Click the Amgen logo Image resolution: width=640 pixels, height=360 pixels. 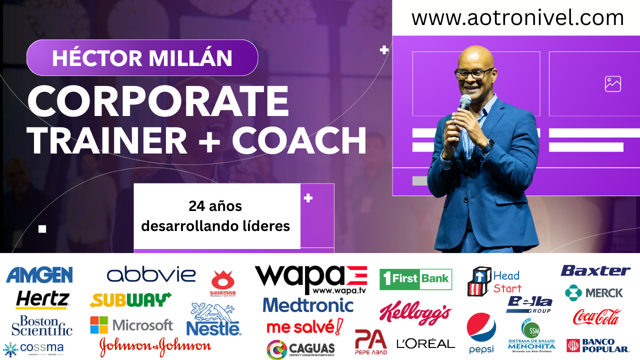(x=39, y=275)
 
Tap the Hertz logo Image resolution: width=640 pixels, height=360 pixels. (x=42, y=299)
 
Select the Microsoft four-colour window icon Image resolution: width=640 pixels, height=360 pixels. (x=98, y=325)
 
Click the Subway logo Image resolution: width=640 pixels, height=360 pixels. (x=130, y=300)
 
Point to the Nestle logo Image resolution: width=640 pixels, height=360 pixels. (x=213, y=320)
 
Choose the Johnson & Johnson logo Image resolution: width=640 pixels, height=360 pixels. (x=155, y=345)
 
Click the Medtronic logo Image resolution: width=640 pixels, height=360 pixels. (x=308, y=305)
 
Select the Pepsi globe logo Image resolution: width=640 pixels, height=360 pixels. (x=481, y=327)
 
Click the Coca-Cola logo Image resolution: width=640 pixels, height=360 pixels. (x=596, y=316)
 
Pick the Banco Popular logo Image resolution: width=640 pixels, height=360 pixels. (x=597, y=345)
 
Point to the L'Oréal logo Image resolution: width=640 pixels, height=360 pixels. (x=425, y=343)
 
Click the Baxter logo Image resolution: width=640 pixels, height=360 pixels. (x=595, y=271)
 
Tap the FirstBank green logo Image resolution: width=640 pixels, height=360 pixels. (x=415, y=279)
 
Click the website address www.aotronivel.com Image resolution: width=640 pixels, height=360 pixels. (x=517, y=18)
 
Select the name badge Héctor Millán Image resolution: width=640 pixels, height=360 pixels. (x=142, y=58)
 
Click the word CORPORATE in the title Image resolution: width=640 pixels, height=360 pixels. (x=158, y=101)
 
